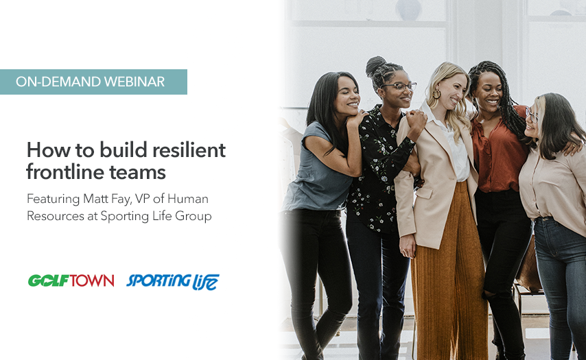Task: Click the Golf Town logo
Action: coord(71,280)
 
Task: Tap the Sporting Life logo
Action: coord(173,282)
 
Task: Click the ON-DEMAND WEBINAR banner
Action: coord(93,82)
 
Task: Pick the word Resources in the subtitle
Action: coord(56,216)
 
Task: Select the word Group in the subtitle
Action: coord(194,217)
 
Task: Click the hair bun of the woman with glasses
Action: coord(375,65)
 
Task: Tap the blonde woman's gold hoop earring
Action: coord(436,93)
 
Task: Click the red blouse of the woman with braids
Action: coord(499,149)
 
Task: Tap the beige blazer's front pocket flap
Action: coord(424,191)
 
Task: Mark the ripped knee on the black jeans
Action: coord(489,295)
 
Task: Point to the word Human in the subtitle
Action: coord(187,199)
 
